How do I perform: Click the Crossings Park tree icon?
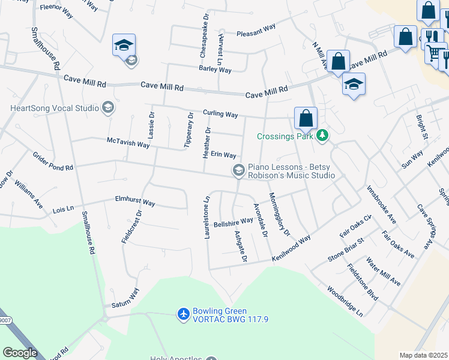tap(323, 136)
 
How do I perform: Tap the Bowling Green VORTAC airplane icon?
tap(184, 313)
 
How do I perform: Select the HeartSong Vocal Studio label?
tap(54, 108)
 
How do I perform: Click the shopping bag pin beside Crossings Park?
tap(306, 118)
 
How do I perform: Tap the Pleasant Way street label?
tap(256, 30)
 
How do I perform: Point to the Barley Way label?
tap(215, 70)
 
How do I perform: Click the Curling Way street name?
tap(220, 113)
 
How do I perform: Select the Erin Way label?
tap(223, 155)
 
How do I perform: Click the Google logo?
tap(20, 353)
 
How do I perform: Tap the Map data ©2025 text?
tap(423, 355)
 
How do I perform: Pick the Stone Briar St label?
tap(346, 252)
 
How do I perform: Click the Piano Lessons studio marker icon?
tap(239, 171)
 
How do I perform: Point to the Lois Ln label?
tap(63, 209)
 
